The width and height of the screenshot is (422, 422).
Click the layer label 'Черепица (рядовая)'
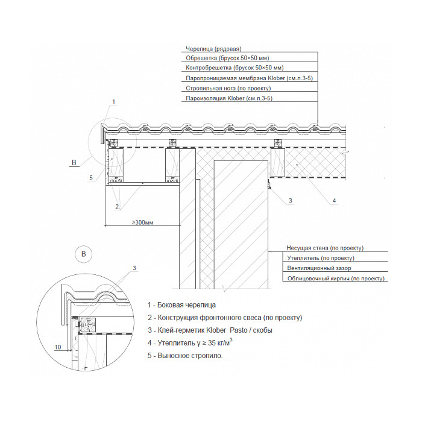pos(213,49)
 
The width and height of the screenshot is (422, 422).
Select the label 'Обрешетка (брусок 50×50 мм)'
pos(227,58)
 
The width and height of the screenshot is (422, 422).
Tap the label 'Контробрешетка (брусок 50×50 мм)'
pos(235,68)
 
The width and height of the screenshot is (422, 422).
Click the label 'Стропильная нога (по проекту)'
pos(228,88)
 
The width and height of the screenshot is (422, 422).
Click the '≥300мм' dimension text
pos(142,222)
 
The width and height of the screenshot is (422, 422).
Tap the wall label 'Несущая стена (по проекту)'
pos(325,248)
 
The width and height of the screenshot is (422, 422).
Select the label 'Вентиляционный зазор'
pos(319,268)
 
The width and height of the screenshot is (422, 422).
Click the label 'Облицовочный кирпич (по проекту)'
pos(336,279)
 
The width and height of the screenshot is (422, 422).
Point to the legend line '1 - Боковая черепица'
pos(181,305)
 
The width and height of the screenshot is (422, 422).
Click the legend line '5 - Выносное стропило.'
pos(185,356)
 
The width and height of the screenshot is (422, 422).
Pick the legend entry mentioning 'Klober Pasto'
pos(210,330)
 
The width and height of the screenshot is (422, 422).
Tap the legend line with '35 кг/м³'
pos(190,342)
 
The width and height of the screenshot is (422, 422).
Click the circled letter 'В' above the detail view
pos(83,254)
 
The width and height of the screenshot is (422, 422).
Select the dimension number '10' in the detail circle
pos(58,347)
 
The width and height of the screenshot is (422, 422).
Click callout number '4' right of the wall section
pos(334,201)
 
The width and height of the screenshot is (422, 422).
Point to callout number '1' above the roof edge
pos(113,102)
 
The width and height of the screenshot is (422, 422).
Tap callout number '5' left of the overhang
pos(91,178)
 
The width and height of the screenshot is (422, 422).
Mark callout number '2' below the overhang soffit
pos(117,207)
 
